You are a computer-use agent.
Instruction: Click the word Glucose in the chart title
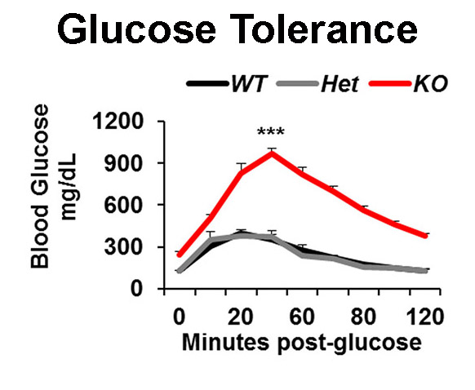(x=136, y=30)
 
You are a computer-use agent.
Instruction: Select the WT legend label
(x=249, y=83)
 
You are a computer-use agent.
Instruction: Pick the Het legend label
(x=340, y=83)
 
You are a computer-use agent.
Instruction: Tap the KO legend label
(x=430, y=83)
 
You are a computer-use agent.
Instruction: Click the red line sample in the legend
(x=390, y=83)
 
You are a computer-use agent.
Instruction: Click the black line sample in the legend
(x=207, y=83)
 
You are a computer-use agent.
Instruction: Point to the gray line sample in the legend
(x=298, y=83)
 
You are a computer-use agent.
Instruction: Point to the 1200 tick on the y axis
(x=118, y=122)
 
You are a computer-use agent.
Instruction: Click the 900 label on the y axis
(x=123, y=163)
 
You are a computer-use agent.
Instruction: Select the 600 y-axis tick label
(x=123, y=206)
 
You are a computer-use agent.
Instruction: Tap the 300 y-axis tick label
(x=123, y=247)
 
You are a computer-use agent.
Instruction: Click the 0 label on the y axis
(x=136, y=289)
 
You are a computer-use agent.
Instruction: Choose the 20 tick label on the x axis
(x=241, y=317)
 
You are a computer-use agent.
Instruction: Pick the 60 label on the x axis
(x=302, y=317)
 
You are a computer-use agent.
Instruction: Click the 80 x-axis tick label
(x=363, y=317)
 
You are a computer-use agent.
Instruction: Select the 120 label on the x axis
(x=424, y=317)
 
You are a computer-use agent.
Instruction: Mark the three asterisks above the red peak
(x=271, y=132)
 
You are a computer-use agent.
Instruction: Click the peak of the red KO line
(x=272, y=153)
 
